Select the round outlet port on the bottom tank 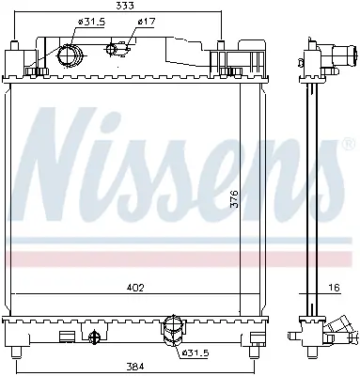[x=172, y=328]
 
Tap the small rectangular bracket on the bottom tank [x=67, y=333]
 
